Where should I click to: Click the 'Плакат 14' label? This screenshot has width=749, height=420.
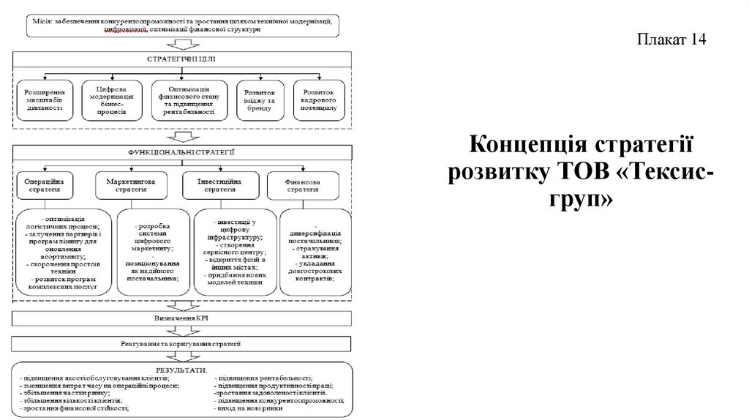[671, 40]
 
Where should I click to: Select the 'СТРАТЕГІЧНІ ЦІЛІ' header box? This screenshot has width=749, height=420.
[181, 59]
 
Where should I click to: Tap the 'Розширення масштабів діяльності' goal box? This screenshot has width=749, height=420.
[45, 100]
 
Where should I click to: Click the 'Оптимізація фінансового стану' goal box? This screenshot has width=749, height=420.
[184, 100]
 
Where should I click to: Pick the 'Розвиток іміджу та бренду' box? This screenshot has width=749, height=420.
[260, 100]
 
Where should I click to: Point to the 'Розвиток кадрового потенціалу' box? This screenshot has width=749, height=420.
[318, 100]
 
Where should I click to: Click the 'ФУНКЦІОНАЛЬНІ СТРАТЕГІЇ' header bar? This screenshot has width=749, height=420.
[181, 152]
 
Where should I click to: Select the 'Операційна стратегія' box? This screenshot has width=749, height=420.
[45, 184]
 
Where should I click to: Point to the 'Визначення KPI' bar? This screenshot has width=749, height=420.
[181, 318]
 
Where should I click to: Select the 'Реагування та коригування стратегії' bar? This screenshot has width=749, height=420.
[181, 342]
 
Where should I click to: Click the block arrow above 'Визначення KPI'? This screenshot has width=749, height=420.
[180, 303]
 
